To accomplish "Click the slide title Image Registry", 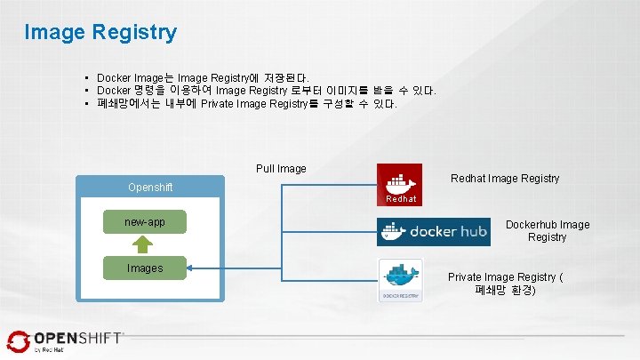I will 100,33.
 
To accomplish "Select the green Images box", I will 144,268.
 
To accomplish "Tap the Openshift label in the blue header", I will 150,188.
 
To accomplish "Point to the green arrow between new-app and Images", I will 144,244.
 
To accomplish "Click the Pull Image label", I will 281,168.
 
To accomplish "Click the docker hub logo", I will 435,232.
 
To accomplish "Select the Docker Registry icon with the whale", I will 400,279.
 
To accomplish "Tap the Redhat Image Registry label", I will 505,179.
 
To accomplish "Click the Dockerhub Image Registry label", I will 548,231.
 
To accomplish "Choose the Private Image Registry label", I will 505,284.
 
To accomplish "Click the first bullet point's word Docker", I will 113,78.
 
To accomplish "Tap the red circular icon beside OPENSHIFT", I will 19,340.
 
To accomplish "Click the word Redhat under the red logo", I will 401,199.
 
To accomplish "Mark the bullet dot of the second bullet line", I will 87,92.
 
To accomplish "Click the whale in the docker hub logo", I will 393,231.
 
